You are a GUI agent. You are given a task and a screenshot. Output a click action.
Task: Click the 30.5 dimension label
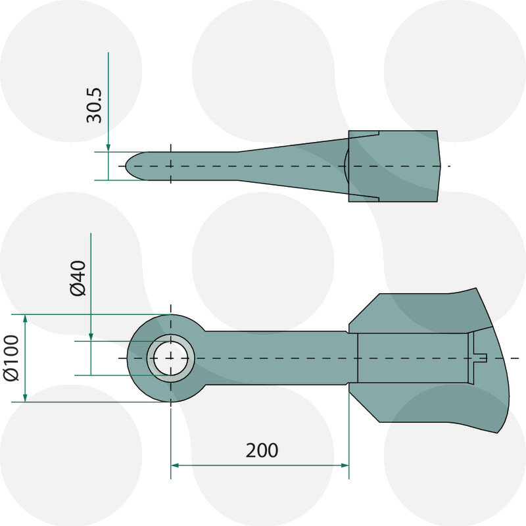pyautogui.click(x=95, y=103)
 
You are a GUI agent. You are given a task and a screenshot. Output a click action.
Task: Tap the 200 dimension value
pyautogui.click(x=262, y=450)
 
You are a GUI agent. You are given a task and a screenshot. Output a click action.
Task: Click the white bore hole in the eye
pyautogui.click(x=170, y=358)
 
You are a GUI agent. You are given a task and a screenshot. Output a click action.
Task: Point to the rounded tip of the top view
pyautogui.click(x=129, y=166)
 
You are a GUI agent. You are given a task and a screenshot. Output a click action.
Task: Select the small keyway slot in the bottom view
pyautogui.click(x=479, y=358)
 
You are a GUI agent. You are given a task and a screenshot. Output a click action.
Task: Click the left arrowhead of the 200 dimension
pyautogui.click(x=175, y=465)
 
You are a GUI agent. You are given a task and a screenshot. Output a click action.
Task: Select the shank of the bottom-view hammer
pyautogui.click(x=276, y=358)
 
